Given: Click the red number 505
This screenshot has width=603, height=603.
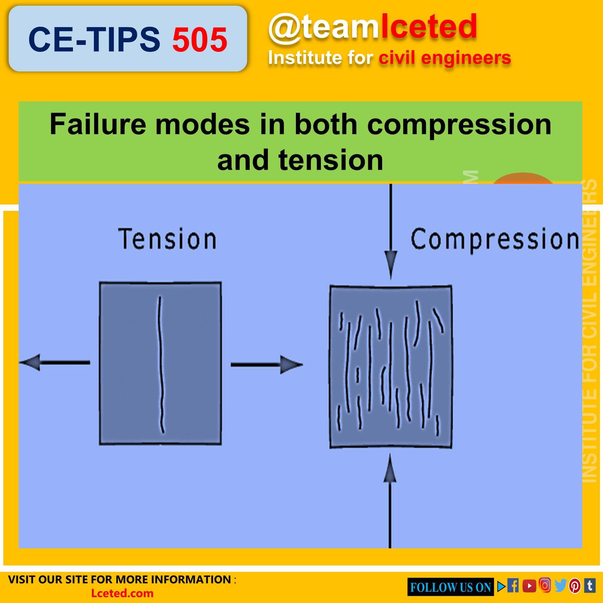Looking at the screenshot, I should (x=199, y=40).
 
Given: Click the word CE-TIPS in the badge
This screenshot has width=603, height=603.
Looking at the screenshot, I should (x=94, y=40).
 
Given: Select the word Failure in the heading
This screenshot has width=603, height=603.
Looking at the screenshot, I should (x=97, y=125).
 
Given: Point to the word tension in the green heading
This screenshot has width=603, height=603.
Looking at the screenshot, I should (x=331, y=160).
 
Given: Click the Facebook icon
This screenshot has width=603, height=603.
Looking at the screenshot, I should (x=513, y=586).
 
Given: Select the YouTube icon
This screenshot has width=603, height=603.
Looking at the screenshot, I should (x=529, y=586).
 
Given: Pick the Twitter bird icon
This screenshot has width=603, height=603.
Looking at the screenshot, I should (x=560, y=586).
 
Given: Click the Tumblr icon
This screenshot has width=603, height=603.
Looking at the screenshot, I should (x=589, y=586).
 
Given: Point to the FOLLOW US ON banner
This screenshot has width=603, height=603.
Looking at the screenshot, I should (x=450, y=587).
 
